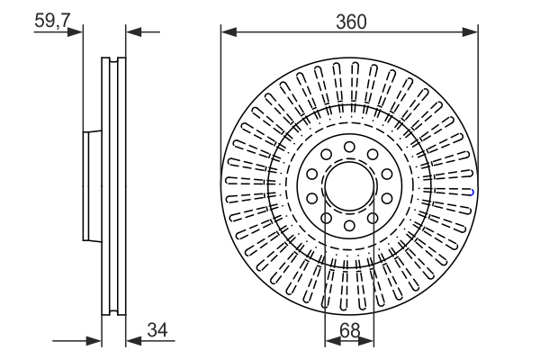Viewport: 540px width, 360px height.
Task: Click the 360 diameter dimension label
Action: click(x=350, y=22)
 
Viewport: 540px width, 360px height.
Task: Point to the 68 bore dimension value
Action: click(x=350, y=331)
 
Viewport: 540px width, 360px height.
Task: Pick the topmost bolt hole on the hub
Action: click(x=349, y=146)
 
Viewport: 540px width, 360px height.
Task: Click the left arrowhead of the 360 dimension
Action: click(x=228, y=32)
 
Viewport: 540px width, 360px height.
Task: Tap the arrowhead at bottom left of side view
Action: click(x=94, y=341)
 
